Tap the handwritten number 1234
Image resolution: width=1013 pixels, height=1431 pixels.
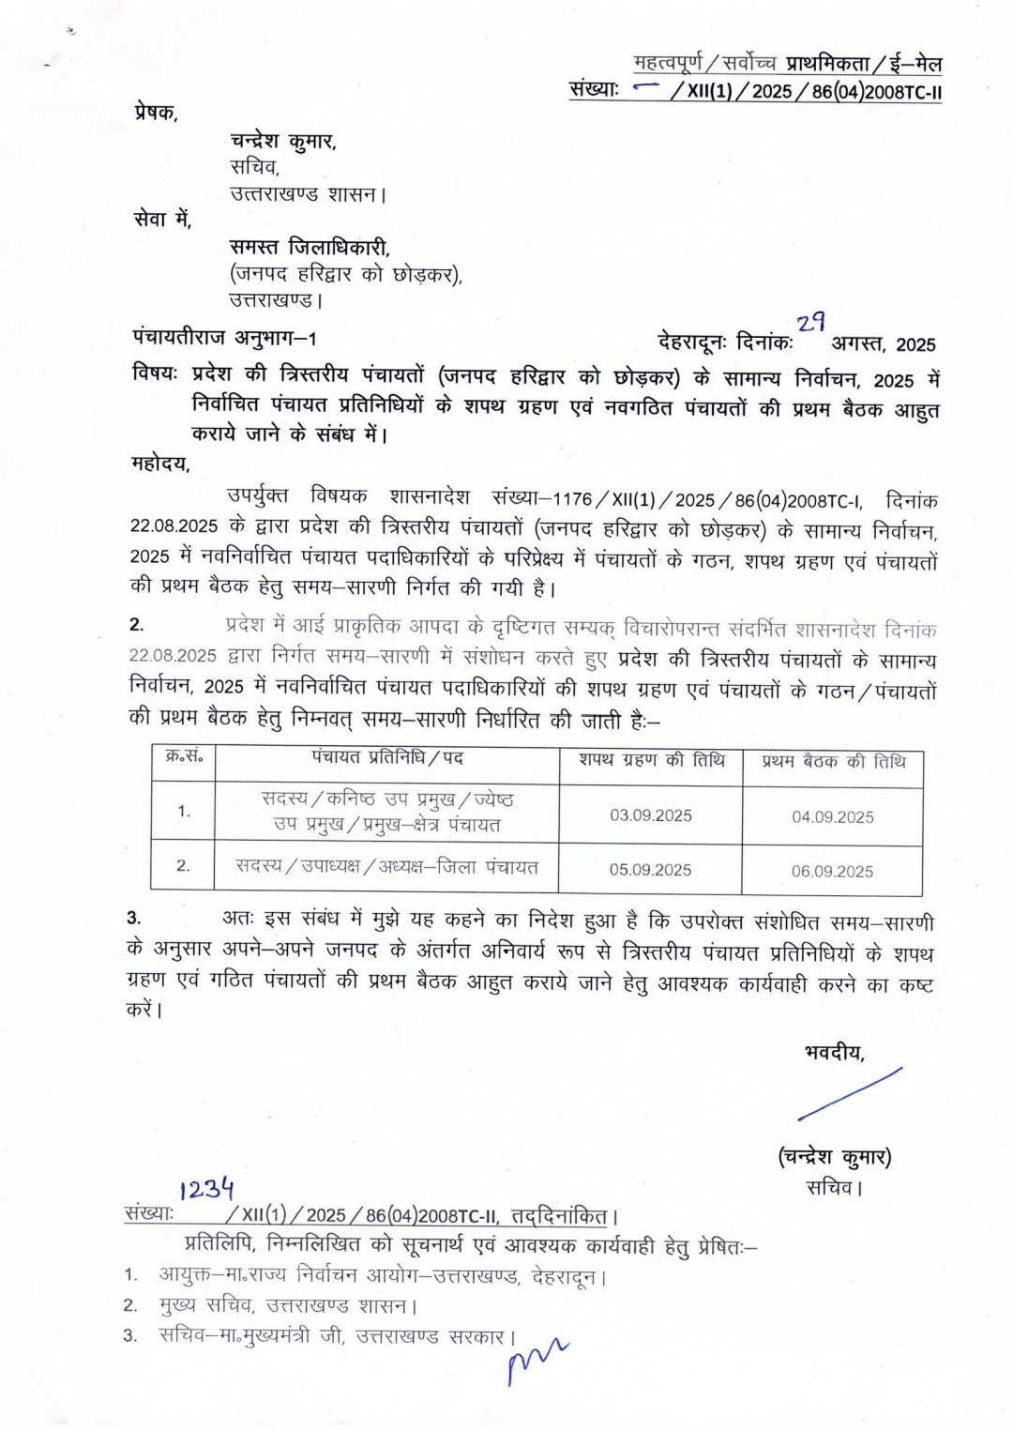point(207,1189)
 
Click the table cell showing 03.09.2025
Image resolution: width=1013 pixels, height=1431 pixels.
point(650,814)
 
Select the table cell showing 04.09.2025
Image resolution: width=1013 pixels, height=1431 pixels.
point(832,816)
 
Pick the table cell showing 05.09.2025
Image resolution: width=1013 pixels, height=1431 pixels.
point(650,870)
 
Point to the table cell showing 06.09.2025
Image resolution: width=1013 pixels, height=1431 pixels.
point(832,871)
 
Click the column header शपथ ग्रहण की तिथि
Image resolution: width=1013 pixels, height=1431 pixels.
point(651,760)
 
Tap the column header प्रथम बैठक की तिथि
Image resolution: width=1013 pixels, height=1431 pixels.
point(833,761)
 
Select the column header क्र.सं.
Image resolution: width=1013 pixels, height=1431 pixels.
point(184,757)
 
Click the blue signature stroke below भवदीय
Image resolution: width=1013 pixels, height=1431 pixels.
point(849,1094)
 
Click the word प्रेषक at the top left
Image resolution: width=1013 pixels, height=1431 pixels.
point(155,113)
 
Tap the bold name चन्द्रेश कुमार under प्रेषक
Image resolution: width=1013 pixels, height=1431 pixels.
point(282,141)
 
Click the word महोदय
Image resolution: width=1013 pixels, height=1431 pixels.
point(160,463)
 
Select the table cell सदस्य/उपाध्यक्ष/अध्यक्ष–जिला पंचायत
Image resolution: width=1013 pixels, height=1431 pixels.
point(386,868)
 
